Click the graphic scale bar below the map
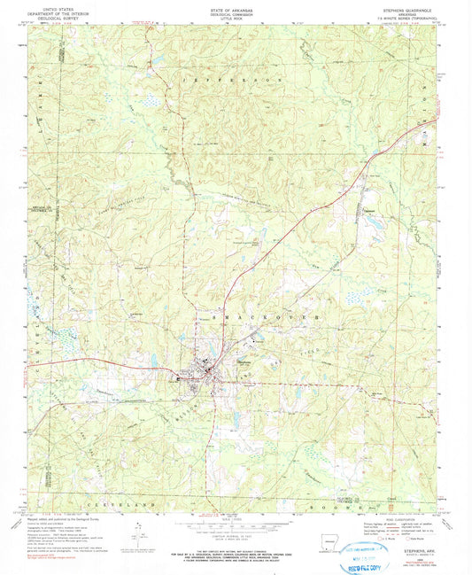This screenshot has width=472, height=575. tap(236, 526)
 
